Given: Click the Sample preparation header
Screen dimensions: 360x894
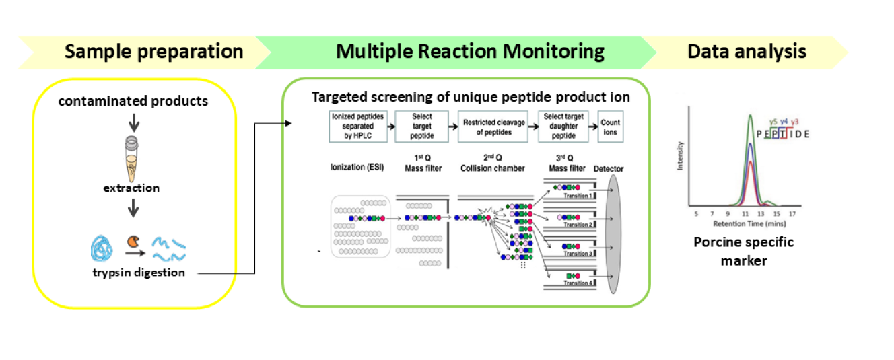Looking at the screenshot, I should [x=153, y=52].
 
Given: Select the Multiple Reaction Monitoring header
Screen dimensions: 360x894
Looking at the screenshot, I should [x=470, y=52].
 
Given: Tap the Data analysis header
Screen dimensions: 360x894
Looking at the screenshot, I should [x=747, y=52].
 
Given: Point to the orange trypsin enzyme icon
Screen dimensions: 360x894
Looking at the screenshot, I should [x=133, y=241].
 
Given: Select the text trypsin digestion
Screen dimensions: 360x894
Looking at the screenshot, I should [x=138, y=273].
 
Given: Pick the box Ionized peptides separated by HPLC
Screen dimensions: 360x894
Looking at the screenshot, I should [x=357, y=126].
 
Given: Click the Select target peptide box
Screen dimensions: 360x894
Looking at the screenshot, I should [x=422, y=126].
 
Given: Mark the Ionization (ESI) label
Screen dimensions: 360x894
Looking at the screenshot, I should [x=357, y=168].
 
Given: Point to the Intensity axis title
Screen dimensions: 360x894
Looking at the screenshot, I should [x=681, y=155].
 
